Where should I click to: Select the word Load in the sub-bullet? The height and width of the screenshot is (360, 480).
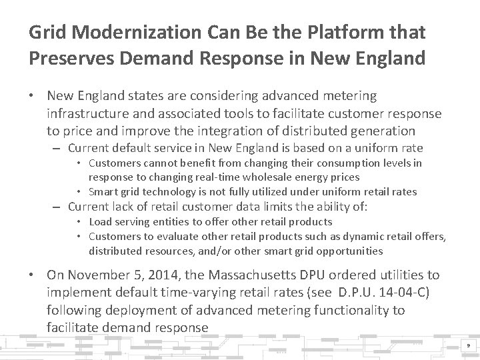click(x=99, y=221)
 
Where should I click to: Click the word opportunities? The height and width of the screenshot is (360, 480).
click(x=346, y=251)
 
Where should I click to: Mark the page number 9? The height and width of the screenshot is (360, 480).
click(x=469, y=346)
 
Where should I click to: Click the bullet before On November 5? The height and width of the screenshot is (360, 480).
click(x=33, y=275)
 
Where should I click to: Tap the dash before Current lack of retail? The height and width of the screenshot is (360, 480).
click(x=58, y=207)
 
